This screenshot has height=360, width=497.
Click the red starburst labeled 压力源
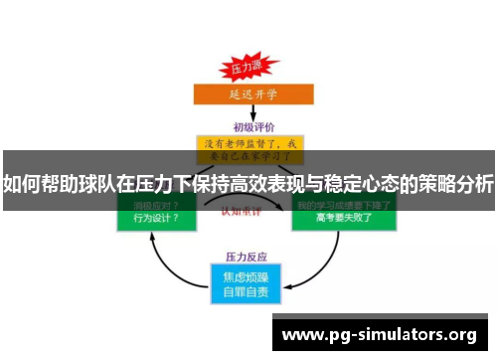pyautogui.click(x=245, y=70)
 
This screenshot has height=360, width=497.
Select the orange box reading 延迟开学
pyautogui.click(x=246, y=94)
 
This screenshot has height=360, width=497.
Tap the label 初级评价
pyautogui.click(x=248, y=126)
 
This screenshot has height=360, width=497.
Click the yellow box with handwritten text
pyautogui.click(x=249, y=149)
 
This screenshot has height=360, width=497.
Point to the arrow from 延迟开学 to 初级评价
pyautogui.click(x=247, y=112)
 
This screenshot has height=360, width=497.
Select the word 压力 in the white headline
pyautogui.click(x=156, y=184)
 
